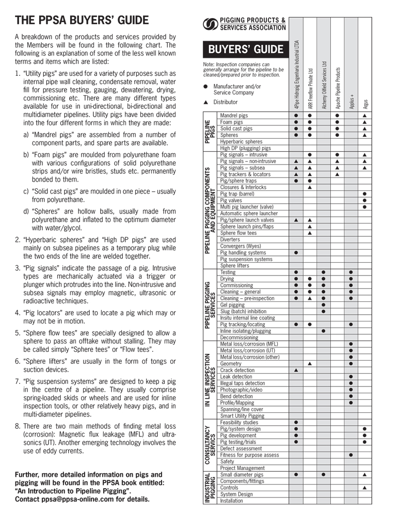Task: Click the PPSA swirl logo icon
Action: click(211, 24)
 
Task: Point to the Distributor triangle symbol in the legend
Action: click(205, 102)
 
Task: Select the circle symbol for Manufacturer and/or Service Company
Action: click(205, 87)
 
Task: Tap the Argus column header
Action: click(365, 103)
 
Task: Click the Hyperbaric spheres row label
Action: click(241, 141)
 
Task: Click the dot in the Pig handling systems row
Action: click(296, 253)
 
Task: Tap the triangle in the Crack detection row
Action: click(296, 370)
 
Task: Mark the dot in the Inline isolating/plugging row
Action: click(323, 331)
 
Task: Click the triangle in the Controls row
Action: click(364, 488)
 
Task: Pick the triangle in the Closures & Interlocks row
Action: click(309, 187)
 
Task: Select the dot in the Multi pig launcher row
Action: click(364, 207)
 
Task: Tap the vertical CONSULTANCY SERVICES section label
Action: click(210, 445)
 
